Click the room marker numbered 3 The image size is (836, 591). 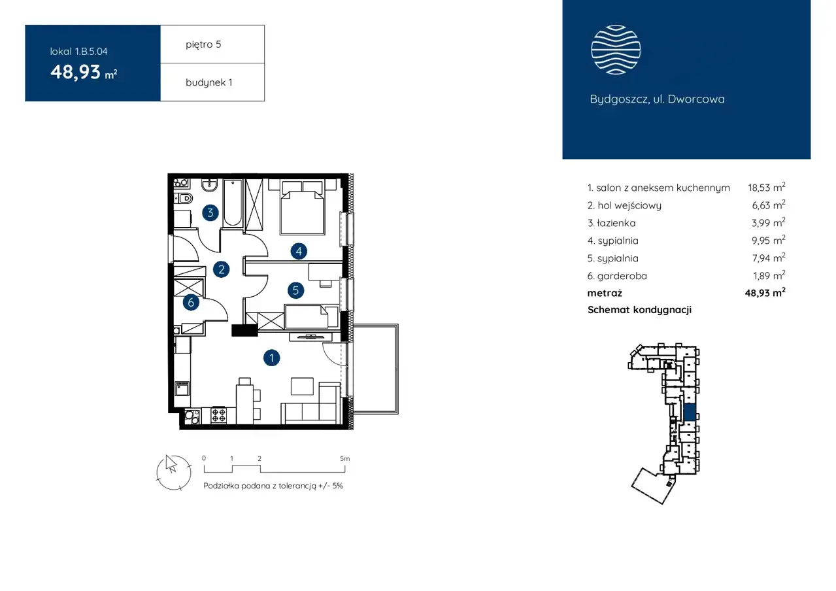point(210,213)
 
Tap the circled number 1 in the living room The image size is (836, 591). point(272,358)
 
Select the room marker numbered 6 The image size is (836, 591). point(191,302)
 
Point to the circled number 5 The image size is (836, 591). point(295,290)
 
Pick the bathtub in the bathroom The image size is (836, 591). point(233,203)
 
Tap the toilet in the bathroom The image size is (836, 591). point(184,198)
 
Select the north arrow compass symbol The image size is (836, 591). point(174,472)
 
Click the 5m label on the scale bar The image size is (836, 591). point(345,458)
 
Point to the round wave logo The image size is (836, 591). point(616,50)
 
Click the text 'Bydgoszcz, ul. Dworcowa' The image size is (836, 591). point(657,99)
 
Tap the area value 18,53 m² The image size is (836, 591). point(767,187)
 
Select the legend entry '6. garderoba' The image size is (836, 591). point(617,276)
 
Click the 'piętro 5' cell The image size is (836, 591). point(212,44)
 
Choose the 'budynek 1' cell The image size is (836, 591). point(212,82)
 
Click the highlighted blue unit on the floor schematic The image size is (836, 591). point(690,413)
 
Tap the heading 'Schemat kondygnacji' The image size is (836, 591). point(639,310)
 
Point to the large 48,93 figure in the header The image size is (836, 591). point(75,72)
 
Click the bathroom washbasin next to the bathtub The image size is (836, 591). point(210,185)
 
